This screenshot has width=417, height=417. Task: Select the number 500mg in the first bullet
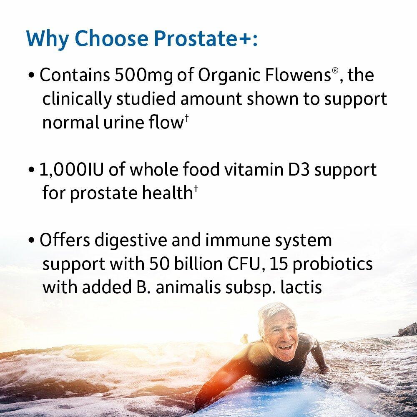pos(151,75)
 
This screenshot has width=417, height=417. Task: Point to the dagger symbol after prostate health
pos(194,188)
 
